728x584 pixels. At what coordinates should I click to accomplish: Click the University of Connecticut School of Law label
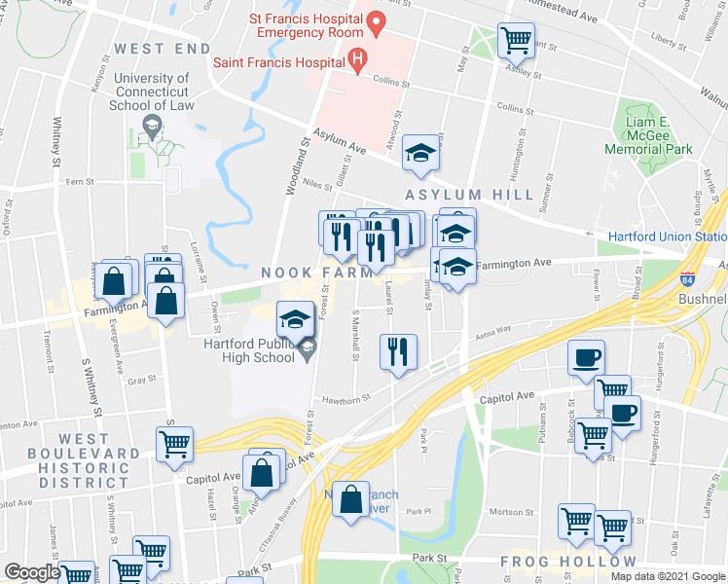151,92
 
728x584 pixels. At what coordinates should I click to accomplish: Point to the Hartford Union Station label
668,237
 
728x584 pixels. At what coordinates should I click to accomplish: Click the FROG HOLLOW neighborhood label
568,562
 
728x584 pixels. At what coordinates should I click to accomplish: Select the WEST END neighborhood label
162,48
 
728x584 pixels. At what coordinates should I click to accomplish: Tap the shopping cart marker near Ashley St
515,40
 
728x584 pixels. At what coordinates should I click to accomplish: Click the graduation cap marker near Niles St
420,153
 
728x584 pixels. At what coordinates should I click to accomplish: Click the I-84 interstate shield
688,278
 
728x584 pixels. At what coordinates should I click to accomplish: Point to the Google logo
32,572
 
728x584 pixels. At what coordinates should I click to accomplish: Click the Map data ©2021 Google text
668,576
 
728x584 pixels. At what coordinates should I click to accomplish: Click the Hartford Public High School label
249,349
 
